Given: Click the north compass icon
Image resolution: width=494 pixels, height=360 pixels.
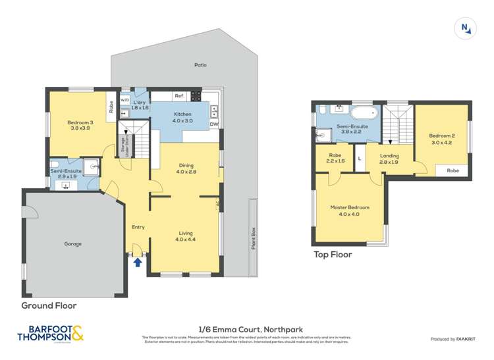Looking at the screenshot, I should [466, 28].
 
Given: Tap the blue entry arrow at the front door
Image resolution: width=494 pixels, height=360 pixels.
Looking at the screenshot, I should [137, 262].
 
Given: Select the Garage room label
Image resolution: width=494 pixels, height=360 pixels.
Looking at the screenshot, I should [72, 244].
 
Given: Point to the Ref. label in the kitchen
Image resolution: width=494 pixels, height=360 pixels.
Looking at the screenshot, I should [178, 96].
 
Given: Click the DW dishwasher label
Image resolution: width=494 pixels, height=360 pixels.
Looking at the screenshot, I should [213, 124].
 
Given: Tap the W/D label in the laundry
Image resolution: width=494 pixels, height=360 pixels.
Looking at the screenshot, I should [124, 101].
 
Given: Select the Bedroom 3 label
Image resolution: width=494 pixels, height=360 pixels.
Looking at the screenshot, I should [78, 124].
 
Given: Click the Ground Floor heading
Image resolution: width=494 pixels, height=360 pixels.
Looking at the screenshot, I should [49, 305].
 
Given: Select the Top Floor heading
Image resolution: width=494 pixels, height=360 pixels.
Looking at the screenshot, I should [332, 255].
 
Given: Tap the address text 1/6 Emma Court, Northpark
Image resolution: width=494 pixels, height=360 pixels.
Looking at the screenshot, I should [246, 329].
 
